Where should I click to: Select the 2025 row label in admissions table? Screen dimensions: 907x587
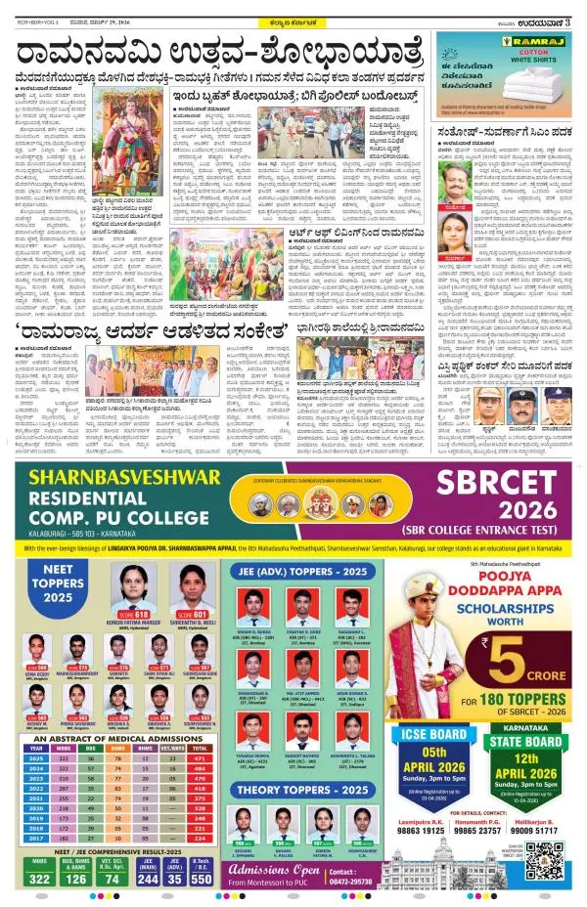36,729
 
